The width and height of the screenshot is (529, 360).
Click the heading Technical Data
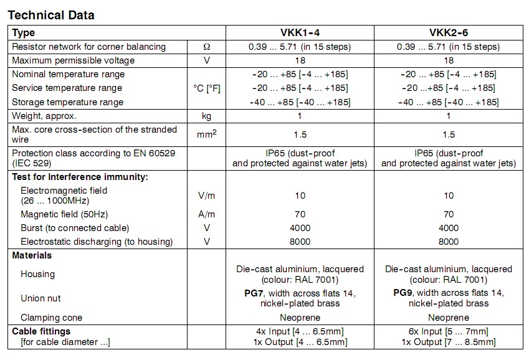tap(51, 14)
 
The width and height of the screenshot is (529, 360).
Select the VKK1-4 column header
tap(299, 33)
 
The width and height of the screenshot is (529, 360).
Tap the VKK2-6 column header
tap(448, 33)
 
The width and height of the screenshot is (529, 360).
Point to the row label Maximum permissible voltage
tap(73, 60)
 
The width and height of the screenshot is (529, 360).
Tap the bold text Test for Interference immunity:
tap(80, 177)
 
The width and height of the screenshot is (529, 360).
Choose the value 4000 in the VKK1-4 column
tap(300, 228)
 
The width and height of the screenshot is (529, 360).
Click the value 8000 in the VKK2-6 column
tap(449, 242)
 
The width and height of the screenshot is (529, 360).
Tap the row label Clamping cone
tap(52, 318)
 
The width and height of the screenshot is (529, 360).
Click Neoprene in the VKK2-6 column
tap(449, 318)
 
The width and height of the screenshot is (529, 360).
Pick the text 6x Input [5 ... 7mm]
tap(449, 331)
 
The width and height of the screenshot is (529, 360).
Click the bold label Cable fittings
tap(41, 331)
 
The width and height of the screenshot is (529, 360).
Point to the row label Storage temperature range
tap(68, 102)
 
